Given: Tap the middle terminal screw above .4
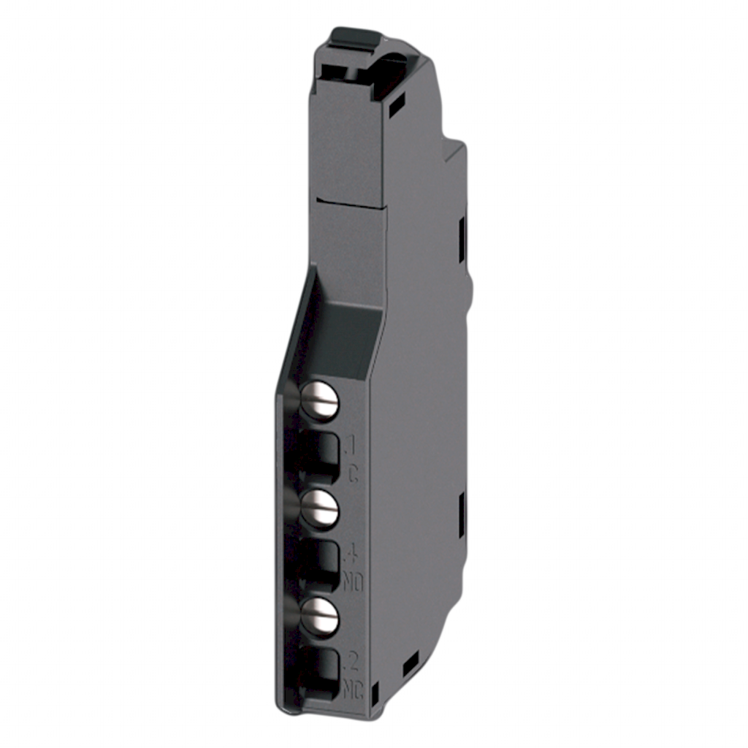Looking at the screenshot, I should point(321,509).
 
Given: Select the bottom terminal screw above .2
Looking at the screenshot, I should point(321,616).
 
